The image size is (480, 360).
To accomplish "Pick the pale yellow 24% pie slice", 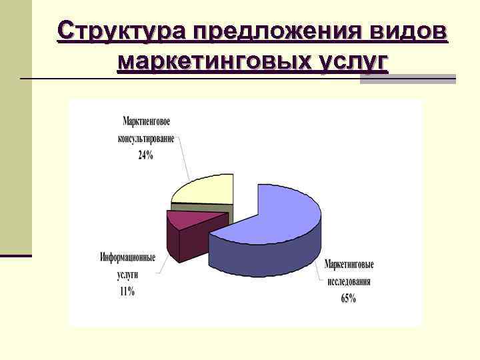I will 207,190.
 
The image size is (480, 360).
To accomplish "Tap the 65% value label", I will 348,299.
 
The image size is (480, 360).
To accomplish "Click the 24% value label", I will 146,155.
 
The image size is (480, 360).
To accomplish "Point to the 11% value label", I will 127,291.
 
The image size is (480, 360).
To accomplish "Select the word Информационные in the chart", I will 128,257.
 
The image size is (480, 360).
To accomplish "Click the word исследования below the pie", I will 349,281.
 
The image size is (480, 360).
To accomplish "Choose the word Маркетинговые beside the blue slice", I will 349,265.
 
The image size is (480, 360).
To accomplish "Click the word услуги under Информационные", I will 127,274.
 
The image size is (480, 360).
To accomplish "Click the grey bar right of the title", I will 407,79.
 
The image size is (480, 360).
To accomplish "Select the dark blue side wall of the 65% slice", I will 267,257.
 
